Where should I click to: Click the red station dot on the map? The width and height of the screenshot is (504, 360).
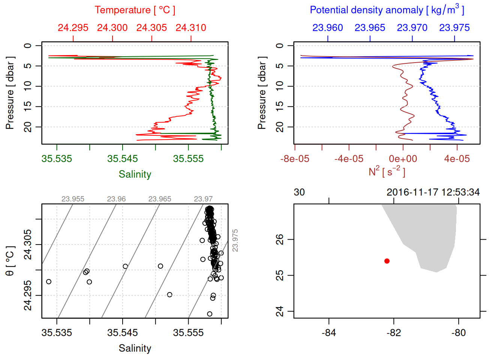[x=387, y=261]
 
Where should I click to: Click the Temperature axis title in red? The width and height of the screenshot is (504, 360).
[x=135, y=10]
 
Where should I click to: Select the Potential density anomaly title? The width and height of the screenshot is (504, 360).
[x=387, y=10]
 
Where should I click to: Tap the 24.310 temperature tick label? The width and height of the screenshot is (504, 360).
[x=191, y=28]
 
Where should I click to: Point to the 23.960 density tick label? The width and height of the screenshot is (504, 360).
[x=328, y=28]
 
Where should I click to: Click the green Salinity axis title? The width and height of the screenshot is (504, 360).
[x=135, y=174]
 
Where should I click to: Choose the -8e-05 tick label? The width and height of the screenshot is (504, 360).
[x=295, y=159]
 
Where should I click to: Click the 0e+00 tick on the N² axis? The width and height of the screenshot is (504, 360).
[x=403, y=159]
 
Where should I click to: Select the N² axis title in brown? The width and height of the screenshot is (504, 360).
[x=387, y=172]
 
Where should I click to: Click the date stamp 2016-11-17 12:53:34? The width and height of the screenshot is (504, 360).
[x=433, y=192]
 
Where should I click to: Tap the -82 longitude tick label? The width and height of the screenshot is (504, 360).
[x=394, y=333]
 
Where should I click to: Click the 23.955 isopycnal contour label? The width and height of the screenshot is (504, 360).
[x=73, y=199]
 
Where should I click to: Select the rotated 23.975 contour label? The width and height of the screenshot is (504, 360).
[x=235, y=240]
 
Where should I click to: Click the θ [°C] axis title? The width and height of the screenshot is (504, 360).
[x=10, y=261]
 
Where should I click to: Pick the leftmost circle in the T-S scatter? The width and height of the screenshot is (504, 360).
[x=49, y=282]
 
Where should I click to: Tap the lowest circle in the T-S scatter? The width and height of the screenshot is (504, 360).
[x=210, y=314]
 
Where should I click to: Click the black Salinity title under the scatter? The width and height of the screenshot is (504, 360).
[x=135, y=348]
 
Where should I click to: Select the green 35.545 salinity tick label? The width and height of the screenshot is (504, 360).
[x=122, y=159]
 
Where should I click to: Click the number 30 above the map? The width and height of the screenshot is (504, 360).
[x=299, y=192]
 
